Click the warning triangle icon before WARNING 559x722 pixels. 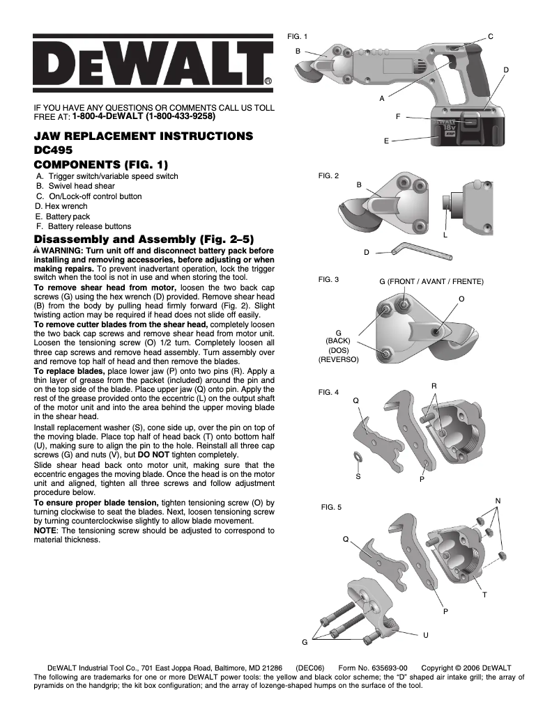click(x=37, y=250)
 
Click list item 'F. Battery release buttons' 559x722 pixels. click(x=84, y=226)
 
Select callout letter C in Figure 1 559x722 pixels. click(x=490, y=36)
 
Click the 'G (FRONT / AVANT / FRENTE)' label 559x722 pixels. click(x=431, y=281)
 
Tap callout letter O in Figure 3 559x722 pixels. click(x=461, y=298)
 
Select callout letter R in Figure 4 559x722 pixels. click(x=434, y=385)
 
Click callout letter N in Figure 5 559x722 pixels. click(x=497, y=501)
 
